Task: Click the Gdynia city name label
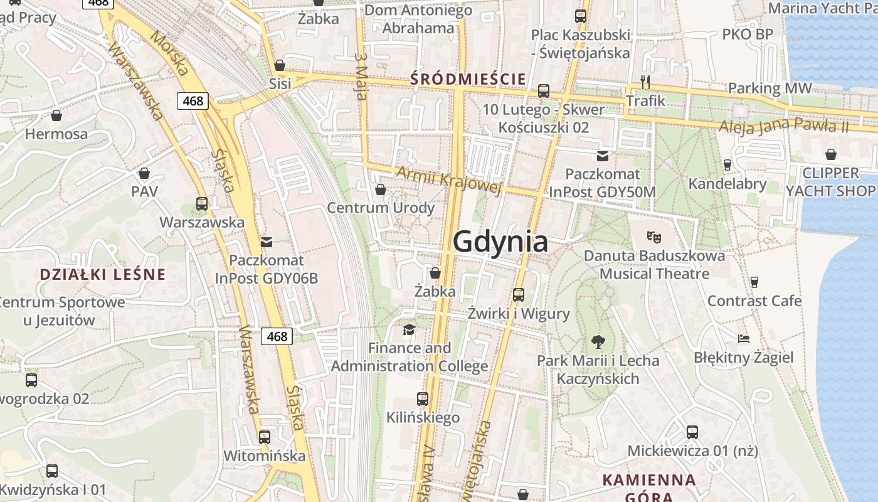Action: coord(500,242)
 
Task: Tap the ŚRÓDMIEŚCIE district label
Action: coord(467,79)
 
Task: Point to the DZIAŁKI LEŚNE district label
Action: coord(103,274)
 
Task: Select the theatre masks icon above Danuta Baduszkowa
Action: coord(654,237)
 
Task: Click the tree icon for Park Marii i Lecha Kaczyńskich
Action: coord(598,342)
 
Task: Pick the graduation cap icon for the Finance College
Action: coord(409,329)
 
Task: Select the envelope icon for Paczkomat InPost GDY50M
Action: coord(602,156)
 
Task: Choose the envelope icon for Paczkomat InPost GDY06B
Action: coord(267,242)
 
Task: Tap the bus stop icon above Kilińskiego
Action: coord(423,398)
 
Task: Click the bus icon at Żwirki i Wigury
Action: coord(519,294)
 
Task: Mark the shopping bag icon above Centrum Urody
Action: coord(380,189)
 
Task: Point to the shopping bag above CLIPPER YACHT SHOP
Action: coord(830,154)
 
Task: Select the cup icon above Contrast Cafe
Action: coord(754,282)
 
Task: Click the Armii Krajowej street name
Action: coord(449,180)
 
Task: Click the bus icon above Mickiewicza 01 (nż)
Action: coord(692,432)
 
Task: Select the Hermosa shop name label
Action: coord(56,134)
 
